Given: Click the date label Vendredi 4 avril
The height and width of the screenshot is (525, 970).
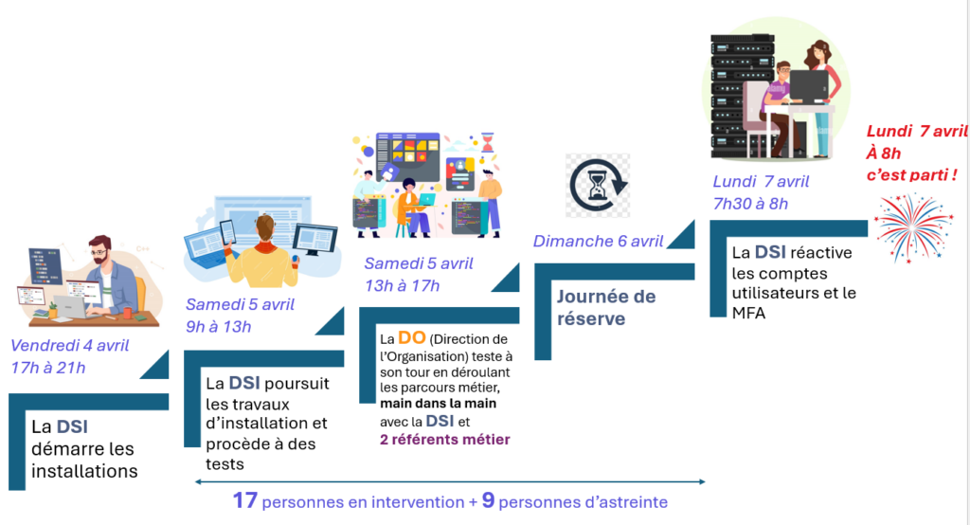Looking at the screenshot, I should coord(70,345).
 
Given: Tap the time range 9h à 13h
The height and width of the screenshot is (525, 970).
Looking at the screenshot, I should coord(219,327).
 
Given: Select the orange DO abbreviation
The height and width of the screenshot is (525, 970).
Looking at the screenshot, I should coord(411,338).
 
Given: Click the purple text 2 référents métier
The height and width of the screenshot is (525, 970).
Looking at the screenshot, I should coord(443,439).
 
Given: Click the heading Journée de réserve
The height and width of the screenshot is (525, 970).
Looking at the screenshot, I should coord(605,307).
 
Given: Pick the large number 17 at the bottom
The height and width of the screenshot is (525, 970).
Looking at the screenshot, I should coord(246,500).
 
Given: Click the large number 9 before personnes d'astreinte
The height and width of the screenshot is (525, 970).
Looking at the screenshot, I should coord(488,500).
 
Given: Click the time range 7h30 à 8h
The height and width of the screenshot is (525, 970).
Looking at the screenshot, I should coord(749,203).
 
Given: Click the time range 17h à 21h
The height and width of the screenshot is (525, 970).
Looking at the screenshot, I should coord(47,367).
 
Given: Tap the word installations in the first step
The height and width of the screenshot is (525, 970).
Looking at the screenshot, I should coord(84,471).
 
